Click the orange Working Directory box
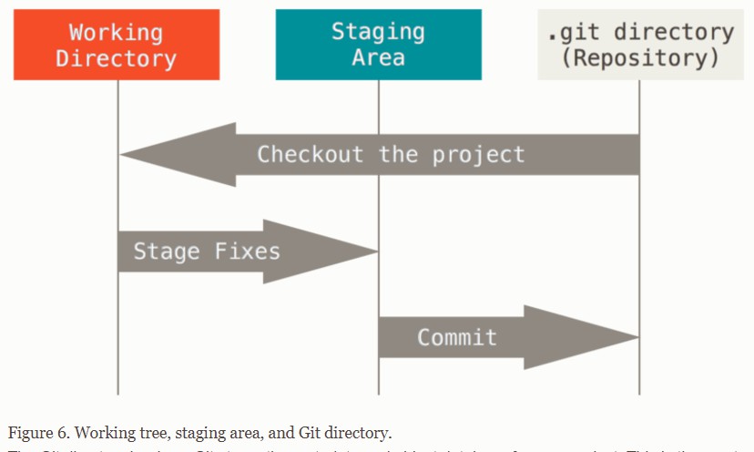(x=117, y=45)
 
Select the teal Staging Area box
(x=378, y=45)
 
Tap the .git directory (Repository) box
(x=639, y=45)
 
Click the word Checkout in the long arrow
(x=310, y=154)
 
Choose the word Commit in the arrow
(x=457, y=337)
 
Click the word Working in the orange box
(x=117, y=32)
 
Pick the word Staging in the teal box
(x=378, y=32)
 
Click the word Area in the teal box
(x=378, y=56)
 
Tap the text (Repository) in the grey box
(x=640, y=57)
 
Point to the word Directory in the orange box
(x=117, y=57)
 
